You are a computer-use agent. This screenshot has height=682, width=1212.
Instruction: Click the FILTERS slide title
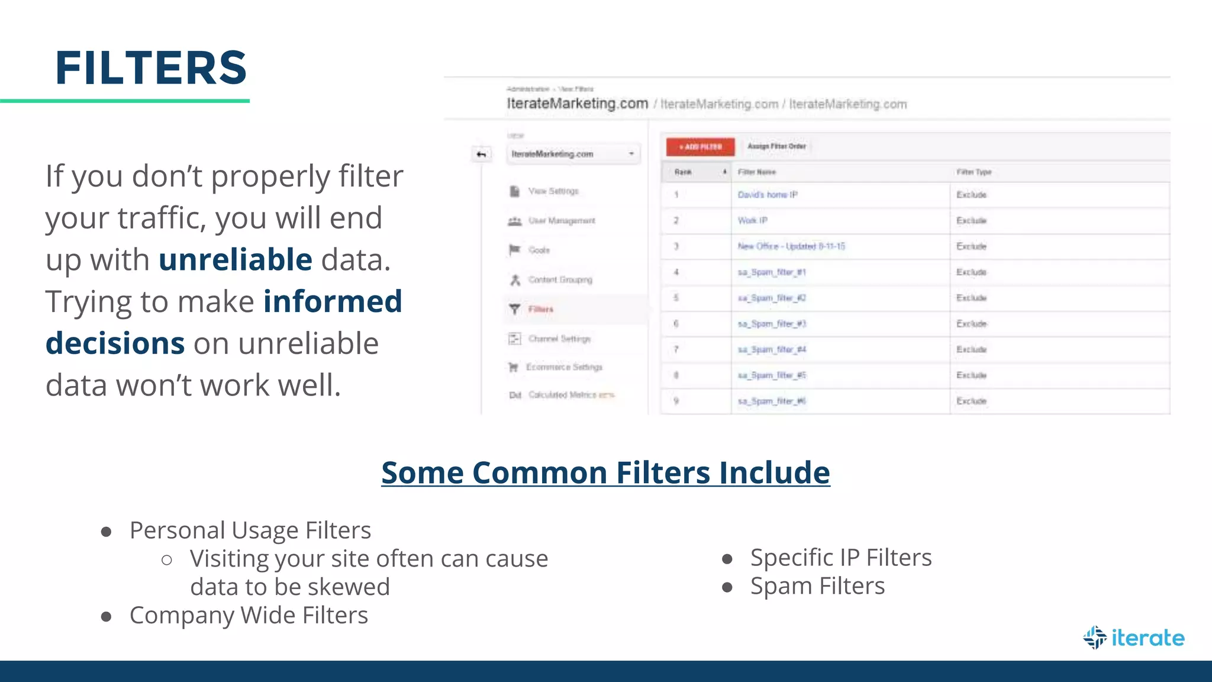point(151,68)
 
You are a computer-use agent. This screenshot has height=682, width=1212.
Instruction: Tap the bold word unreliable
point(235,260)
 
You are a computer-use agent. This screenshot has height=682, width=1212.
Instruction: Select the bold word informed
point(333,301)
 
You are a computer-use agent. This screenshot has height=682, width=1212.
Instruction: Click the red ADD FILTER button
point(700,146)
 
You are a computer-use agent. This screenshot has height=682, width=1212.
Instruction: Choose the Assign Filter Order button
point(776,146)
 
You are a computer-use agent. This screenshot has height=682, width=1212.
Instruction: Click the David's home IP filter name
point(768,195)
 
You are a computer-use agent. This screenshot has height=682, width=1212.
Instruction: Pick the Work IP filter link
point(752,220)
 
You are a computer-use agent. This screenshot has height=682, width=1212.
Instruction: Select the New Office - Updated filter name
point(791,246)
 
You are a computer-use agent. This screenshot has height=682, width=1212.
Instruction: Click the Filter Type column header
point(974,172)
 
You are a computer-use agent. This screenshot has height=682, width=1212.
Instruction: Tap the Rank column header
point(683,172)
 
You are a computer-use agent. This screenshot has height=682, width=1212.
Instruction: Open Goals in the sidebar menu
point(539,250)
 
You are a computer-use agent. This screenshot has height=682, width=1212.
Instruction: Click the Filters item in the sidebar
point(540,309)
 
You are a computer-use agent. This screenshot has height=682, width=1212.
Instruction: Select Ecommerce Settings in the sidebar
point(563,367)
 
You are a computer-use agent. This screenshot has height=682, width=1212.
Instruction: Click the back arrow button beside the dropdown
point(482,155)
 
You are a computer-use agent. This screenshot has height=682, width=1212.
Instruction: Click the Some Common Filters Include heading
point(605,473)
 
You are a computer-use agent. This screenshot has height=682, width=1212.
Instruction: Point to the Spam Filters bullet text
point(817,586)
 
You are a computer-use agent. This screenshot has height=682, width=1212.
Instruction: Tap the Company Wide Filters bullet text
point(249,616)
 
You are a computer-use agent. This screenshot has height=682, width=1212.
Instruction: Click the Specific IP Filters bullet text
point(841,558)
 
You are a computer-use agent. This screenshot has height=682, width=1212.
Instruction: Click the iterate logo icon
point(1095,638)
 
